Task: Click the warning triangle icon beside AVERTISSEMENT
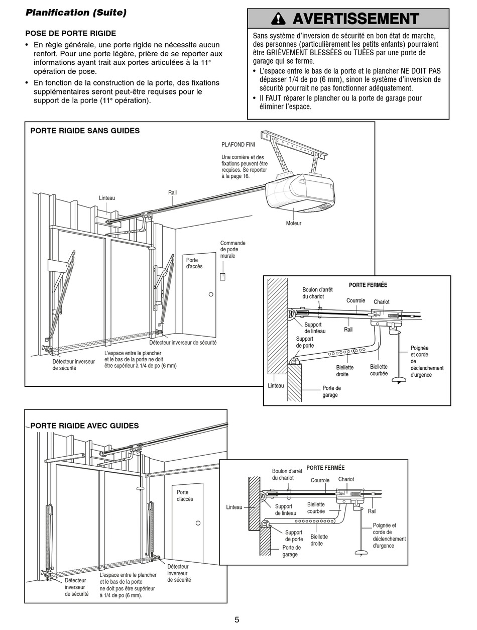[278, 19]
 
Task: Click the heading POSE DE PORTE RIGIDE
[71, 34]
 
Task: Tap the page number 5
[237, 619]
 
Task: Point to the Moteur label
[294, 223]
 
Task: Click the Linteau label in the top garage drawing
[107, 198]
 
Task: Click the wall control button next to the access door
[223, 276]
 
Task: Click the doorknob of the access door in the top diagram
[211, 294]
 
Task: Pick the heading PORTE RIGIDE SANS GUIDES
[85, 131]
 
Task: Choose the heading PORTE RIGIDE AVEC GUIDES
[84, 426]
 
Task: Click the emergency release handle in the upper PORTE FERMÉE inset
[399, 380]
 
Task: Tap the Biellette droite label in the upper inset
[345, 371]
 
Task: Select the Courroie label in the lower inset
[320, 480]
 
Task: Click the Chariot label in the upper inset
[382, 302]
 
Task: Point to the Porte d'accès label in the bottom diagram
[185, 496]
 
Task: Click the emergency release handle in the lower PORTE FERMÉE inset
[362, 553]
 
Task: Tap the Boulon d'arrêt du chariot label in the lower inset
[287, 474]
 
